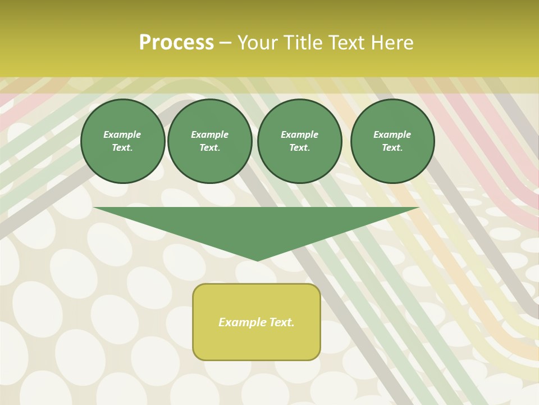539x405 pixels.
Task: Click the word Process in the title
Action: [x=176, y=43]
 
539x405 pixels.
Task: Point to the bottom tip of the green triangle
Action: [x=257, y=260]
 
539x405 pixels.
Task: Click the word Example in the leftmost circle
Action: [x=122, y=135]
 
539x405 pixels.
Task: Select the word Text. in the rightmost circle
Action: [x=392, y=148]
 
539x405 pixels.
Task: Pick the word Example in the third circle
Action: [x=299, y=135]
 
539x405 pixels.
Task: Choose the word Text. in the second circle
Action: [x=210, y=148]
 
